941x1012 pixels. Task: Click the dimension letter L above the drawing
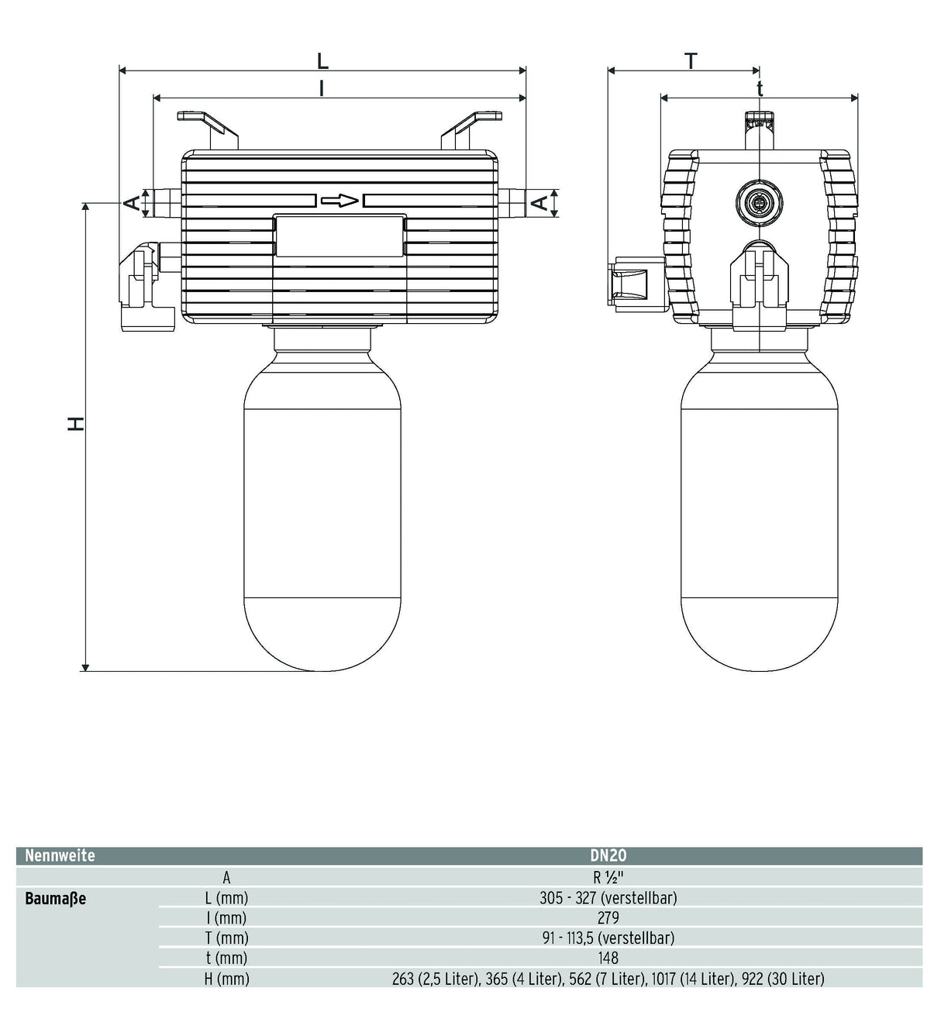coord(322,61)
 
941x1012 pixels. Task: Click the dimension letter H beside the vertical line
coord(76,423)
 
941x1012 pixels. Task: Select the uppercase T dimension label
coord(691,61)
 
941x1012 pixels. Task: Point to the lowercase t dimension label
coord(760,88)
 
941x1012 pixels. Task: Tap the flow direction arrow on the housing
coord(340,201)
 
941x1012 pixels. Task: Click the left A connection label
coord(133,203)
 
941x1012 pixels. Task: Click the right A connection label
coord(540,203)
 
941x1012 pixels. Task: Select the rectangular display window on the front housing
coord(340,236)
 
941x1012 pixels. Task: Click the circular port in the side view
coord(760,202)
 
